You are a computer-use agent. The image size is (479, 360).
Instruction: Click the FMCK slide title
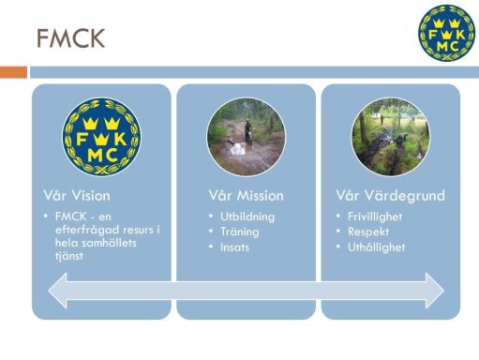[x=71, y=38]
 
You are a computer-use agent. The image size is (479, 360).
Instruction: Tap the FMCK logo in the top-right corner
[x=447, y=33]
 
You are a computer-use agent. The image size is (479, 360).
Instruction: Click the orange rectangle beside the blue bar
[x=13, y=72]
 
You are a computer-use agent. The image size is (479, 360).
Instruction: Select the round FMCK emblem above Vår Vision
[x=101, y=137]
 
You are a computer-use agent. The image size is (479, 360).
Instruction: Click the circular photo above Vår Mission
[x=247, y=137]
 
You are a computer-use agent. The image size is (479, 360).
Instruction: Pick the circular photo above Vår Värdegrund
[x=391, y=137]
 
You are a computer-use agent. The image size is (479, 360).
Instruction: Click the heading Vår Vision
[x=77, y=196]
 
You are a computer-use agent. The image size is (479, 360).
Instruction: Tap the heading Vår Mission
[x=247, y=196]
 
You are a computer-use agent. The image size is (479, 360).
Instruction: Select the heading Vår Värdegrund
[x=391, y=196]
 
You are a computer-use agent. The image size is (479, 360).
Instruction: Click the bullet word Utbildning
[x=247, y=217]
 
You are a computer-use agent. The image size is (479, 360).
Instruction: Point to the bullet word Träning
[x=240, y=232]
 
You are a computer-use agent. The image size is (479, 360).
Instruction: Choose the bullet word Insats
[x=234, y=247]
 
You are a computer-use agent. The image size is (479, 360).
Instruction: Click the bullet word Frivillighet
[x=375, y=217]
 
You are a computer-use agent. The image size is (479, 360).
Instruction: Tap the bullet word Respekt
[x=368, y=232]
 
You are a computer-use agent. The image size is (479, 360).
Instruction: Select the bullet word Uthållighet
[x=377, y=247]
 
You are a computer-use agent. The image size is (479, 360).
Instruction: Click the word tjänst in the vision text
[x=69, y=256]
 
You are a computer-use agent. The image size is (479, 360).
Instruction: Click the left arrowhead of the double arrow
[x=57, y=291]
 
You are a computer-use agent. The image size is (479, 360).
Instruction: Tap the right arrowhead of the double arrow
[x=435, y=291]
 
